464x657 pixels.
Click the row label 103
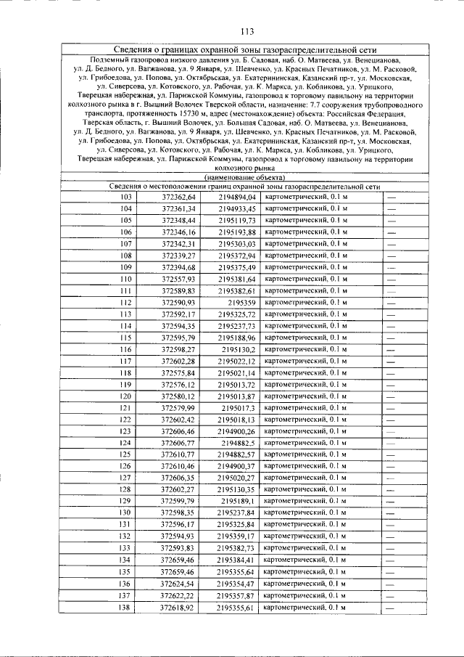[126, 197]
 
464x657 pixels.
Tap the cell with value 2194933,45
[237, 208]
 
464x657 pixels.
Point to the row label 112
[126, 302]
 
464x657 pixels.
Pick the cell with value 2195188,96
[237, 338]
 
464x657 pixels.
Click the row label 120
[126, 396]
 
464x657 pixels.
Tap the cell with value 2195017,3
[239, 408]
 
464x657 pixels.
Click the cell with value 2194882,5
[239, 443]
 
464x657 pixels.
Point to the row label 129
[126, 501]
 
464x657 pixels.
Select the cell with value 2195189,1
[239, 501]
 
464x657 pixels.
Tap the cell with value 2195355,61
[237, 607]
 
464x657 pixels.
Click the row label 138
[126, 607]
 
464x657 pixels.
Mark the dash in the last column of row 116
[391, 349]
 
